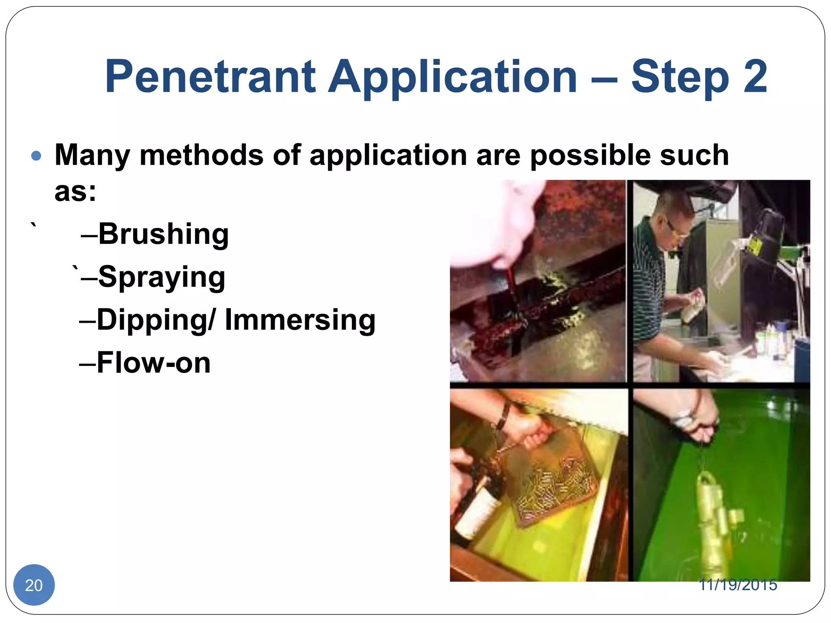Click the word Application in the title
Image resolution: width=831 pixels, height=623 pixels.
coord(452,77)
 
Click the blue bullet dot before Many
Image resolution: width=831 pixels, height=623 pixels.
coord(36,156)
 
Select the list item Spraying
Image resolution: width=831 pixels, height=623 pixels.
coord(161,277)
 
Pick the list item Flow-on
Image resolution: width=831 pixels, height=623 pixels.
coord(153,363)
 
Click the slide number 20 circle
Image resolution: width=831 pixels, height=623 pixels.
coord(34,585)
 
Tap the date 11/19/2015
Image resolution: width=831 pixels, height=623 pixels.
coord(738,585)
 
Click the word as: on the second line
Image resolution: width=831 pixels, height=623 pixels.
coord(75,191)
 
